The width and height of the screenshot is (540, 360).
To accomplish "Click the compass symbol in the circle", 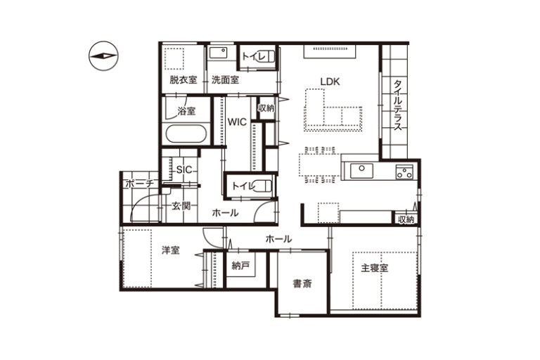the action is (103, 56).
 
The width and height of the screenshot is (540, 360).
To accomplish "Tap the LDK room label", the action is (330, 82).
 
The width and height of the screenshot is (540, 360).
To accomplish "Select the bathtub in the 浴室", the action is (186, 134).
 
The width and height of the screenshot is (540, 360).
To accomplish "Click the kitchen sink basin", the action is (361, 171).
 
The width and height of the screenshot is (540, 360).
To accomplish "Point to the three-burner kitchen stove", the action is (404, 172).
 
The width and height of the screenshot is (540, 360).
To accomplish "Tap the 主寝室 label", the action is (374, 268).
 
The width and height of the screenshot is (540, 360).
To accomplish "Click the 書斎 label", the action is (302, 283).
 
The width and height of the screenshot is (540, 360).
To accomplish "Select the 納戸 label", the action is (240, 265).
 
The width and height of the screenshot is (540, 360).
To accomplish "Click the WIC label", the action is (237, 122).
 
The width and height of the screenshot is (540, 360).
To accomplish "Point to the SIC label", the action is (184, 169).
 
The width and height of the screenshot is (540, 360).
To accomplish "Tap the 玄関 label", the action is (181, 206).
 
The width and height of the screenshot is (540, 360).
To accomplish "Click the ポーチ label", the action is (139, 184).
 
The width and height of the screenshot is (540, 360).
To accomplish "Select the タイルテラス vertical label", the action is (398, 105).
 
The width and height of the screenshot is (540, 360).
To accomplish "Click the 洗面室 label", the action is (225, 80).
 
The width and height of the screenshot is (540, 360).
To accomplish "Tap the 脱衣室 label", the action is (184, 80).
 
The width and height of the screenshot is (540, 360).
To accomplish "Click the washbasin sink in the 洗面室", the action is (218, 53).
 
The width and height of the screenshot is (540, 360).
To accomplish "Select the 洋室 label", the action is (171, 250).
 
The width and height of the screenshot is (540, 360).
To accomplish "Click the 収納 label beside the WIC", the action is (266, 108).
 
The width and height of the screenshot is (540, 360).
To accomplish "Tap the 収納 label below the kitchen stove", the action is (406, 219).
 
